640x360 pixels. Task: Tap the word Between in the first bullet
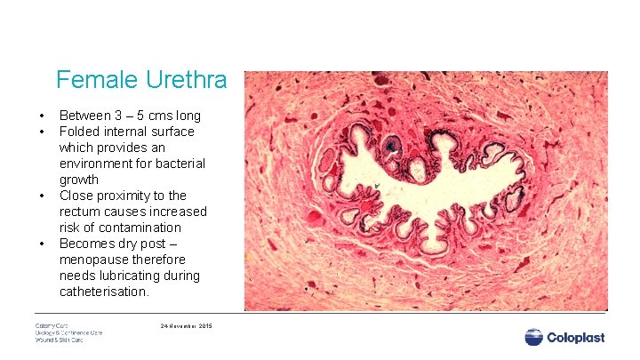click(85, 116)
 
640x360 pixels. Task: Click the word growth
click(79, 180)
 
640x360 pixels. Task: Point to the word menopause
click(90, 260)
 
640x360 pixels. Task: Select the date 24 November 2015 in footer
click(187, 326)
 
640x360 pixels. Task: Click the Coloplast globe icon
click(534, 338)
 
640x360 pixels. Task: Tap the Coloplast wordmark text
click(578, 338)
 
